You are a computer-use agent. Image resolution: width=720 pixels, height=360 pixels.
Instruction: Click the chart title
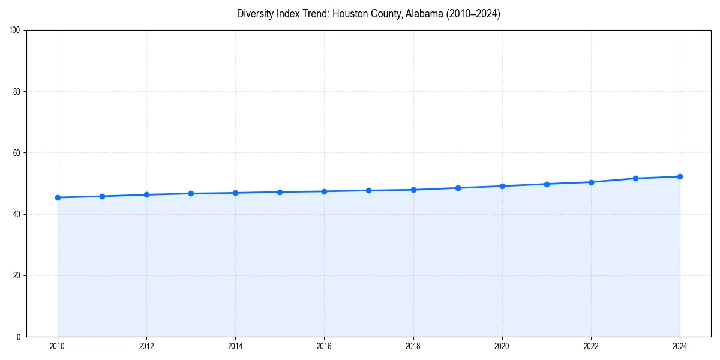coord(368,14)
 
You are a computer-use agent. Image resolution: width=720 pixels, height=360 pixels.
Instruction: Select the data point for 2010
coord(58,197)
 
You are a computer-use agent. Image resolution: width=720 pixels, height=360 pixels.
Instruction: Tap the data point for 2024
coord(680,176)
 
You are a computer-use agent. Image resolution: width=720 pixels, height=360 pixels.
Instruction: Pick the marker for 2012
coord(146,194)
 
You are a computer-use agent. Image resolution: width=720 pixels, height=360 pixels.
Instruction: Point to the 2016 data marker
coord(324,191)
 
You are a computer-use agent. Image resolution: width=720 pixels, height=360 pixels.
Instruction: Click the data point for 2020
coord(502,186)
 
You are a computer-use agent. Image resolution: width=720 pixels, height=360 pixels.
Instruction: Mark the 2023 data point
coord(635,178)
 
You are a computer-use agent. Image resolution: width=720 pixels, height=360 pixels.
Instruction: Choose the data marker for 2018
coord(413,190)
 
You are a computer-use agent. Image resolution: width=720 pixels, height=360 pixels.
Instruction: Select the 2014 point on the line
coord(235,193)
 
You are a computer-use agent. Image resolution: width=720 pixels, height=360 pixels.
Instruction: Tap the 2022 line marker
coord(591,182)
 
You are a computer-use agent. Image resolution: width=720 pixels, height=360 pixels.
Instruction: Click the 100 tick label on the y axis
coord(15,31)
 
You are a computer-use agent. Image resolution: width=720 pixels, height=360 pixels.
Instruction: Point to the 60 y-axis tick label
coord(17,153)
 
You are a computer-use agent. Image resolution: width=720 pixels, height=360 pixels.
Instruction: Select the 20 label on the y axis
coord(17,275)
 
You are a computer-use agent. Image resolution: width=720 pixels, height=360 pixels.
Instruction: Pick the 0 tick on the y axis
coord(19,337)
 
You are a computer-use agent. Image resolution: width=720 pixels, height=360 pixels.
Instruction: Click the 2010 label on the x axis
coord(58,346)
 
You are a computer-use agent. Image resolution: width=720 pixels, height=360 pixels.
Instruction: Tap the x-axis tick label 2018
coord(413,346)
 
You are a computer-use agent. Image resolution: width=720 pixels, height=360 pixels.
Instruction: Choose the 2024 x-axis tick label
coord(680,346)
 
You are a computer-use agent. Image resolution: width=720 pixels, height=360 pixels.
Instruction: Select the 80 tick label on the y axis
coord(17,92)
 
